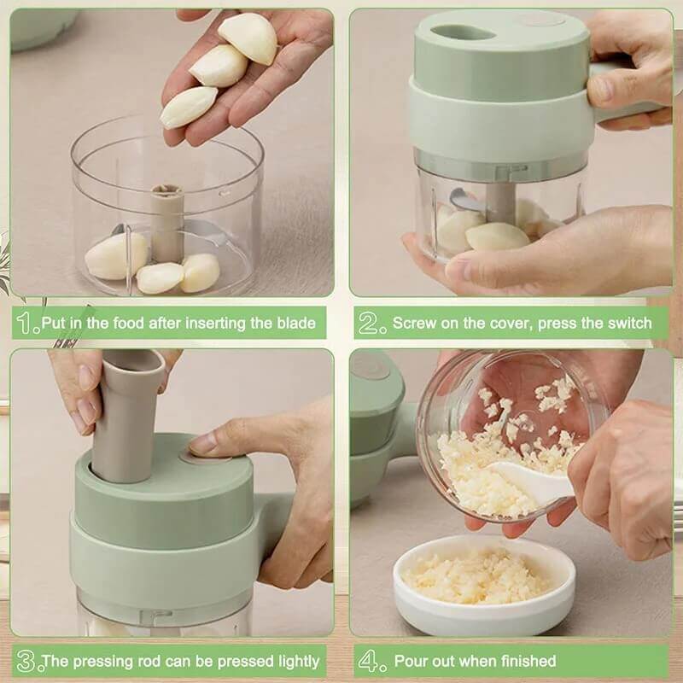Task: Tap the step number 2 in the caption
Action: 368,324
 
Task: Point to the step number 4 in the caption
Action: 368,661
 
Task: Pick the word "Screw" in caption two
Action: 413,324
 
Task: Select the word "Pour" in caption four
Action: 411,661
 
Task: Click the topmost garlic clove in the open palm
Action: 248,38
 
